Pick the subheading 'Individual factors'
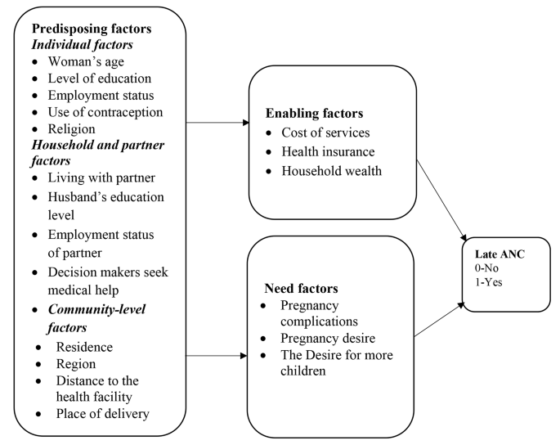coord(80,45)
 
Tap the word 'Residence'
coord(85,347)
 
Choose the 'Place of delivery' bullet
coord(102,413)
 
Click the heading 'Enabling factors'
coord(315,113)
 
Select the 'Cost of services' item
coord(325,133)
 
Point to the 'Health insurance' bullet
coord(328,152)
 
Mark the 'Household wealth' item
coord(332,171)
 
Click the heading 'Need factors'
coord(301,289)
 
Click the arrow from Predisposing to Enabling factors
coord(217,124)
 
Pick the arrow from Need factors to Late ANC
coord(440,319)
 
